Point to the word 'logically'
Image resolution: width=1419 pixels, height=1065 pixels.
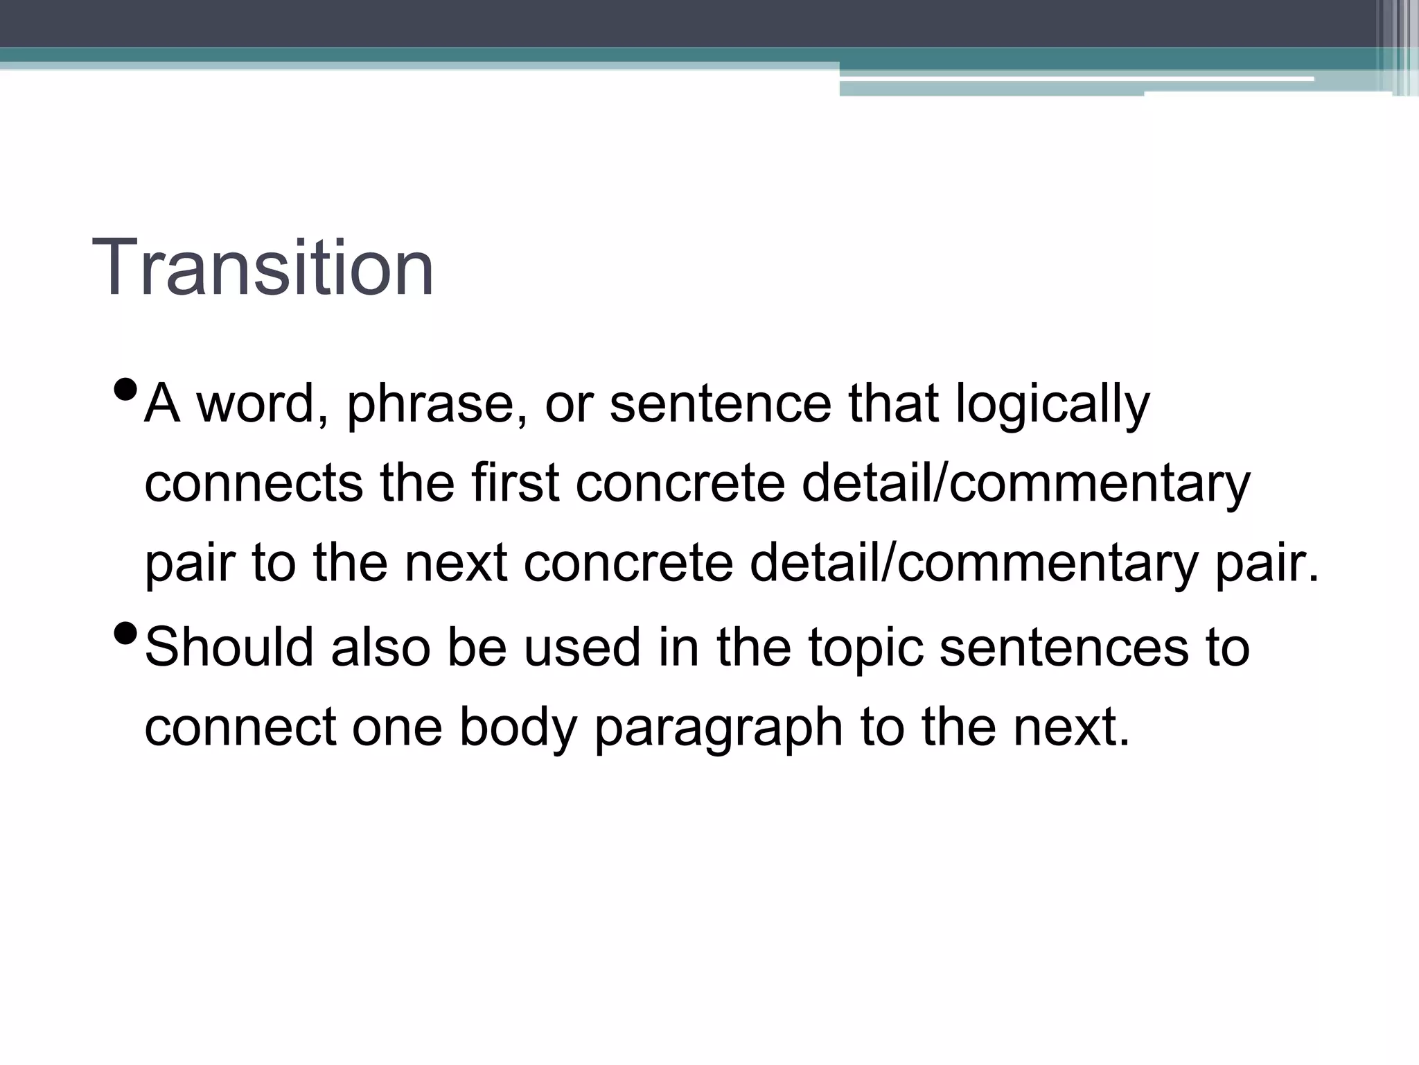[1052, 405]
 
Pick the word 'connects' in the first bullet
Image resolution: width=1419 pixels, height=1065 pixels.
[254, 483]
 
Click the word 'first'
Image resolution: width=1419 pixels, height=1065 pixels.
[515, 483]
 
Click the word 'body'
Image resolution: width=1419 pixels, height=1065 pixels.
[518, 728]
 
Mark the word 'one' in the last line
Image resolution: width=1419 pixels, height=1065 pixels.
[397, 728]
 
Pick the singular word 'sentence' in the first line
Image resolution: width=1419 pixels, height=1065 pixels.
[720, 405]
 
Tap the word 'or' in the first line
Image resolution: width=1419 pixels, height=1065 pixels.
[569, 405]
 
